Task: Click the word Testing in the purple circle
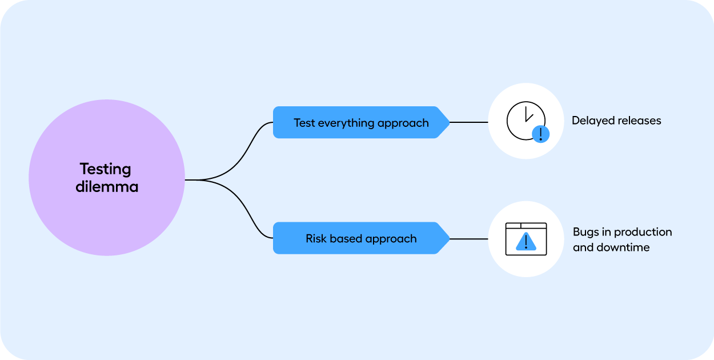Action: (x=106, y=169)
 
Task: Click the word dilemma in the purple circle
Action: (x=107, y=187)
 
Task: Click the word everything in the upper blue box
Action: (x=344, y=123)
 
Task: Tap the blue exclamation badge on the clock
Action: (x=540, y=134)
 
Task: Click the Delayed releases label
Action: (x=616, y=121)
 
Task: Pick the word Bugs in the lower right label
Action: (x=586, y=232)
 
